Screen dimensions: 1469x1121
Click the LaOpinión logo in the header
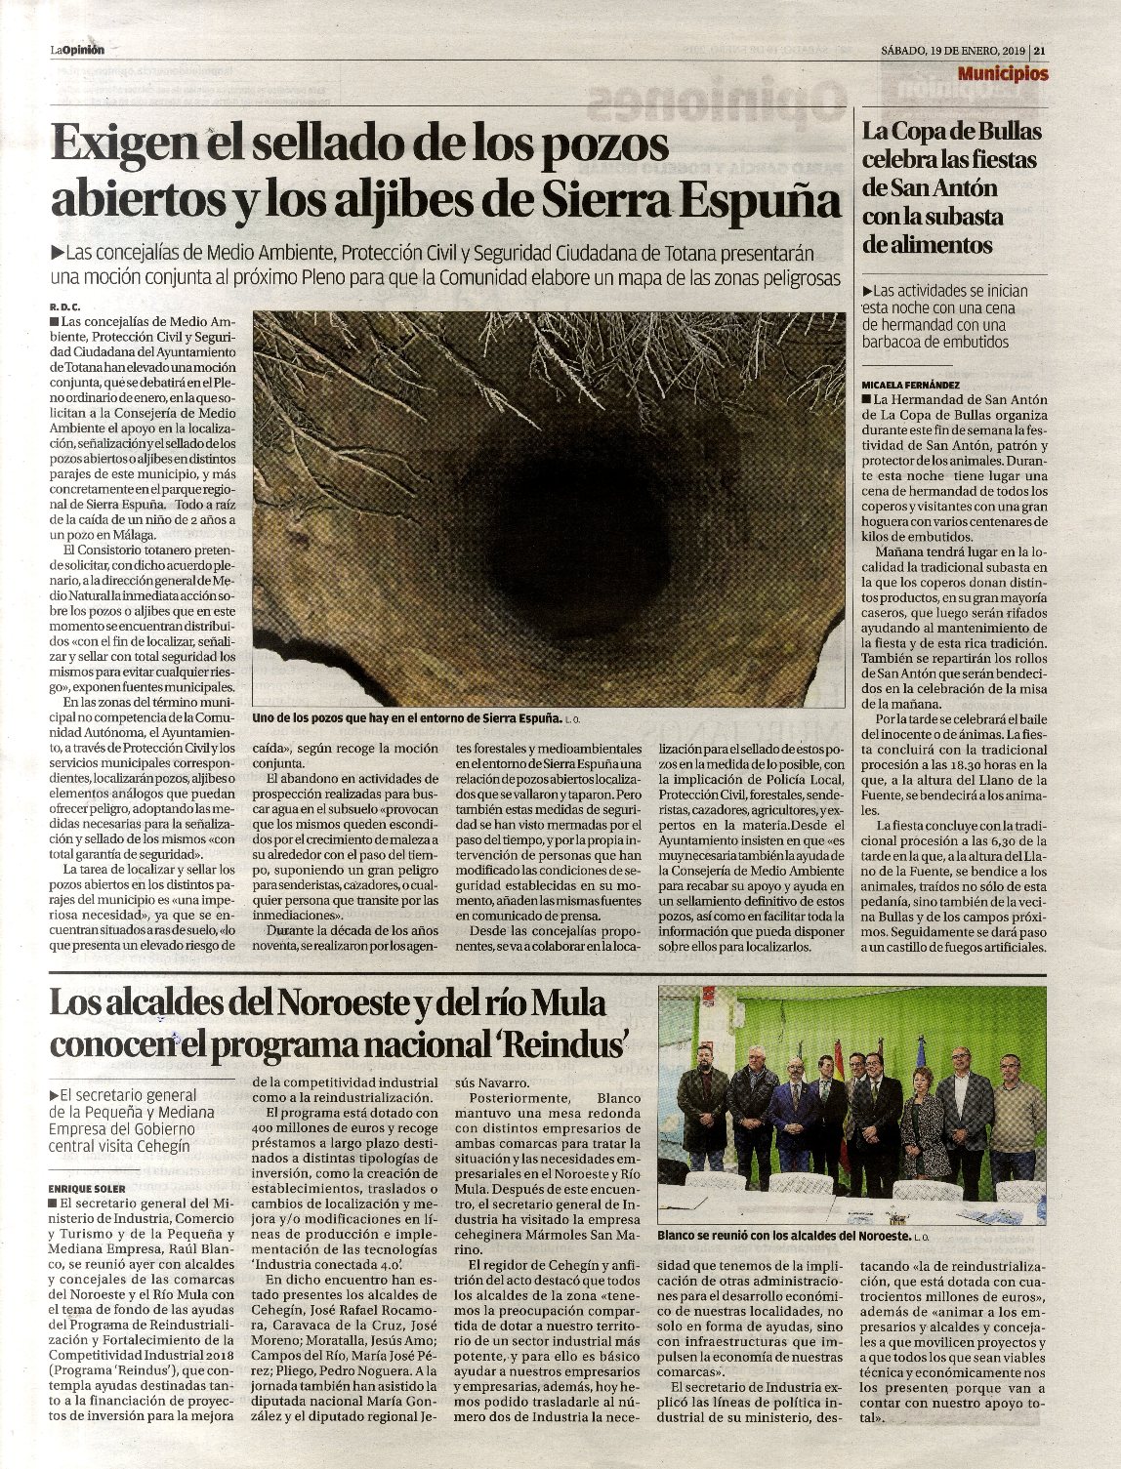77,51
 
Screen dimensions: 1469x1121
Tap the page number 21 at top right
1041,51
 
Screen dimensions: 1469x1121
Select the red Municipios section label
1003,73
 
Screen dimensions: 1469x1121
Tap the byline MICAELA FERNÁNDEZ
912,385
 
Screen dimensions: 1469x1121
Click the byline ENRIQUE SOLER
87,1188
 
